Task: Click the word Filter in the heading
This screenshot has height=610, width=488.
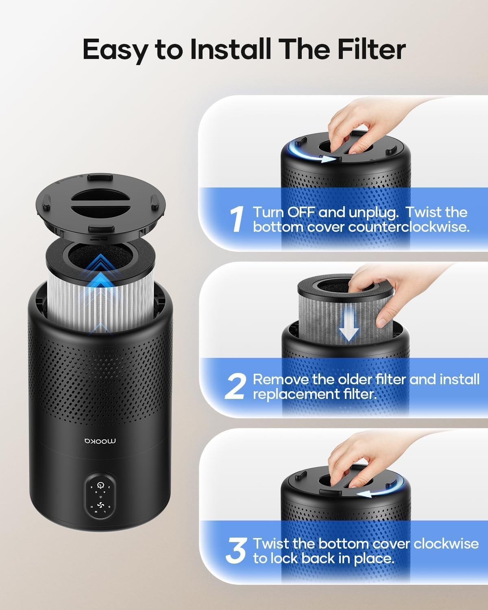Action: click(371, 49)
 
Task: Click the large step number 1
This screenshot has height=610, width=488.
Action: click(236, 219)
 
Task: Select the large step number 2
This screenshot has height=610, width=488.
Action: click(235, 386)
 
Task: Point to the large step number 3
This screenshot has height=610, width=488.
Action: click(235, 551)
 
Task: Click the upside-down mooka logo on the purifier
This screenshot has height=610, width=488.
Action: click(100, 441)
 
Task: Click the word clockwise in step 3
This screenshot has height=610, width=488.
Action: click(446, 544)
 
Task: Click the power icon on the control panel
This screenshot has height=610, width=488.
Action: click(100, 485)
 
